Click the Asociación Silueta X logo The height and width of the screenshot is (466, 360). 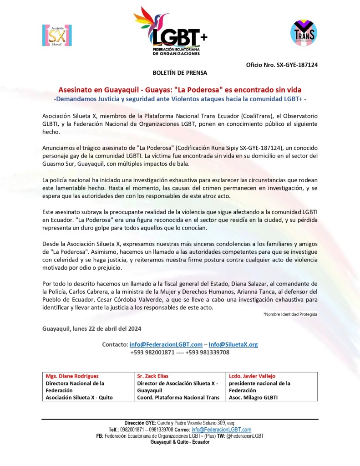(57, 35)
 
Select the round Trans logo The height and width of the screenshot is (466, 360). (304, 32)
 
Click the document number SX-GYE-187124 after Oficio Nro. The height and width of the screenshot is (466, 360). (297, 65)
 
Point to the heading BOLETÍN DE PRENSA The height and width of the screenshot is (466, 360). (179, 72)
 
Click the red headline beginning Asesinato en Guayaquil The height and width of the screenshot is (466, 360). (180, 90)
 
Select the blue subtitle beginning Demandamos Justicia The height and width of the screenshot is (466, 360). (180, 99)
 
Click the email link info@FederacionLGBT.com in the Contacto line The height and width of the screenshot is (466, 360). (166, 344)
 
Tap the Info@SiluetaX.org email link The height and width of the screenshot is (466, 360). (233, 344)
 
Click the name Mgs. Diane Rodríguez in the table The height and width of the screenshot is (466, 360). (72, 376)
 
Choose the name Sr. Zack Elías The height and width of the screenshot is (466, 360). (152, 376)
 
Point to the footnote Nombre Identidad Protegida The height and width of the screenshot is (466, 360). (290, 314)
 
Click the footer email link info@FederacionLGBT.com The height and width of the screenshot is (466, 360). (221, 430)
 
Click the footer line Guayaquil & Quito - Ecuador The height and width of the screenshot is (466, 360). (180, 442)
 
